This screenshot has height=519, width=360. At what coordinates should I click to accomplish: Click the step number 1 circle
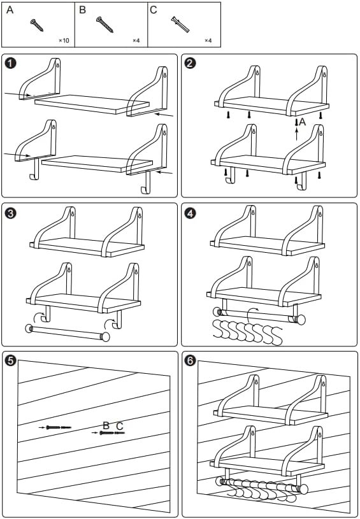click(x=11, y=63)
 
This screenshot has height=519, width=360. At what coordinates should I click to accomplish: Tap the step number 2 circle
click(x=190, y=63)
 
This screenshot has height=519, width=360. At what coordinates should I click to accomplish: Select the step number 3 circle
click(x=11, y=213)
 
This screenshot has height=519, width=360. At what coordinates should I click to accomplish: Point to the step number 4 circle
click(x=190, y=213)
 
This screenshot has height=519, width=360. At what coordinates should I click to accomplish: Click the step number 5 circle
click(x=11, y=361)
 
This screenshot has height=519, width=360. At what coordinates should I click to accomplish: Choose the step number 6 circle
click(x=190, y=361)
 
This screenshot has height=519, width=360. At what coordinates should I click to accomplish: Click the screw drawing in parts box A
click(x=37, y=25)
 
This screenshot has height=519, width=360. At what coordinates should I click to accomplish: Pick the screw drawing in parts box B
click(x=104, y=24)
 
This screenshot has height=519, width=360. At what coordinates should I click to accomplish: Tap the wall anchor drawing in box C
click(x=180, y=24)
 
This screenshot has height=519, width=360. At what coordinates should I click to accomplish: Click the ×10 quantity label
click(x=64, y=40)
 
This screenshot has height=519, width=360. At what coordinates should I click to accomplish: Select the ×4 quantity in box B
click(x=136, y=40)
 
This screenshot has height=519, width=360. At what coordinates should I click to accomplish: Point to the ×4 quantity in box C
click(x=208, y=40)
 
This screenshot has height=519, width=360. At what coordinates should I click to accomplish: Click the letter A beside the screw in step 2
click(x=302, y=122)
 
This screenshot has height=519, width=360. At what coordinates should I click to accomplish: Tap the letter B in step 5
click(x=106, y=425)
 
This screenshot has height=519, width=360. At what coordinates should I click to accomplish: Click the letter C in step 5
click(x=120, y=425)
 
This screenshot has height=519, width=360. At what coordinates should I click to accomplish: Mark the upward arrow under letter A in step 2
click(x=297, y=134)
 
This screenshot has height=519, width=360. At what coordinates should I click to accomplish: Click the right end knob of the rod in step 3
click(x=105, y=337)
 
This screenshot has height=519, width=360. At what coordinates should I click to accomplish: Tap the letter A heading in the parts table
click(x=10, y=10)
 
